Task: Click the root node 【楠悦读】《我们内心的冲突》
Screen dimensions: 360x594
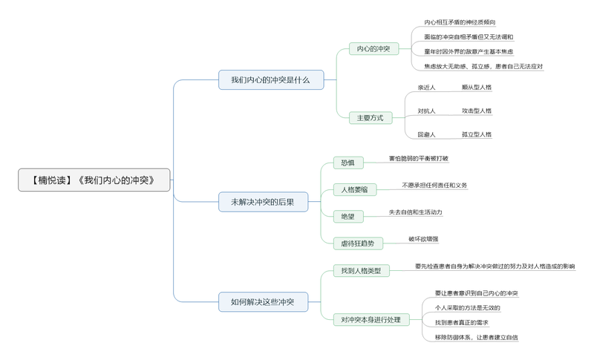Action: (94, 180)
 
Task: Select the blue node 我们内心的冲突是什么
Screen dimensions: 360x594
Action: (271, 80)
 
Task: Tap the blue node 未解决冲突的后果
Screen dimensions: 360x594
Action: (263, 202)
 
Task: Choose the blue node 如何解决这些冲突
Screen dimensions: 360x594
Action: (263, 302)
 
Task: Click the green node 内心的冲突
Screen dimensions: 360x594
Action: (373, 49)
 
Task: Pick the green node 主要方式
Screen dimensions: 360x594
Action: (371, 118)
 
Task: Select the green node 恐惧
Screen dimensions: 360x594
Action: (348, 163)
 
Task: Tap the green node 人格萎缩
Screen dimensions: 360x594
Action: (354, 189)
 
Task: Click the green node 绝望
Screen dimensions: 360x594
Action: (348, 217)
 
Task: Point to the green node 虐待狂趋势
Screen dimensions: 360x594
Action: (358, 243)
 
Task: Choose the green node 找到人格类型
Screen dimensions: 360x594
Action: (360, 271)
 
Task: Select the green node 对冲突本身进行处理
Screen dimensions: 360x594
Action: (371, 320)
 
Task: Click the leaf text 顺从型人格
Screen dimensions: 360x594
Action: (477, 88)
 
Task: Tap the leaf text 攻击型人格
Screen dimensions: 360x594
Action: (477, 111)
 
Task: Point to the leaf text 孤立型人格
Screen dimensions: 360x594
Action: (477, 134)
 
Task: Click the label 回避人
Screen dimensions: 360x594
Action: (426, 134)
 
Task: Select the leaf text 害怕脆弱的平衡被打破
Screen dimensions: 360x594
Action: (419, 158)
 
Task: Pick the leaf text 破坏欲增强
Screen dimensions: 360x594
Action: (423, 239)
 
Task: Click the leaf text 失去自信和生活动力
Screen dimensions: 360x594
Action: (416, 212)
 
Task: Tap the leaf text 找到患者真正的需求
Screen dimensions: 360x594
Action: (462, 323)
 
